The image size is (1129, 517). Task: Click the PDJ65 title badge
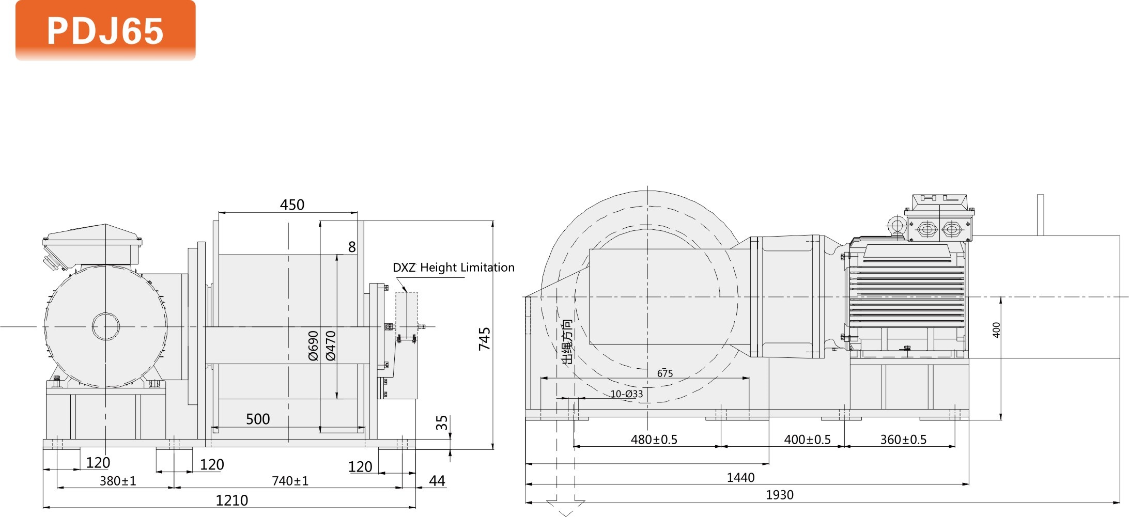105,30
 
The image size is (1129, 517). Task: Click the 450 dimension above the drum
292,205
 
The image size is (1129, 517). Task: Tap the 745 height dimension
484,339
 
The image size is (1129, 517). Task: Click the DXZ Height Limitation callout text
453,268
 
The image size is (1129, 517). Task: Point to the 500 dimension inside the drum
258,419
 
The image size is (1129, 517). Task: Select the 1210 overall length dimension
231,500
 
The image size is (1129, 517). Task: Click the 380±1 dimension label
118,481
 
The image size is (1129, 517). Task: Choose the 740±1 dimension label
290,481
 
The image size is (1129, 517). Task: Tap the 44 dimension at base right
437,481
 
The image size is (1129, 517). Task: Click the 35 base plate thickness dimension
442,422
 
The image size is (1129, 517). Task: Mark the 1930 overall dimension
779,495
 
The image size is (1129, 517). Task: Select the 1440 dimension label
740,478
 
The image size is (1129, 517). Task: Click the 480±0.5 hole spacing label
654,440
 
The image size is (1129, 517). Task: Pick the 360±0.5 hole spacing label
903,440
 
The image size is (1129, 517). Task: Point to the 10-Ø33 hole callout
626,394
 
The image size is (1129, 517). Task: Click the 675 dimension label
665,373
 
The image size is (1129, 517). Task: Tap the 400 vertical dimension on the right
997,330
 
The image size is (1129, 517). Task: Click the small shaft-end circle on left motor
106,326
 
